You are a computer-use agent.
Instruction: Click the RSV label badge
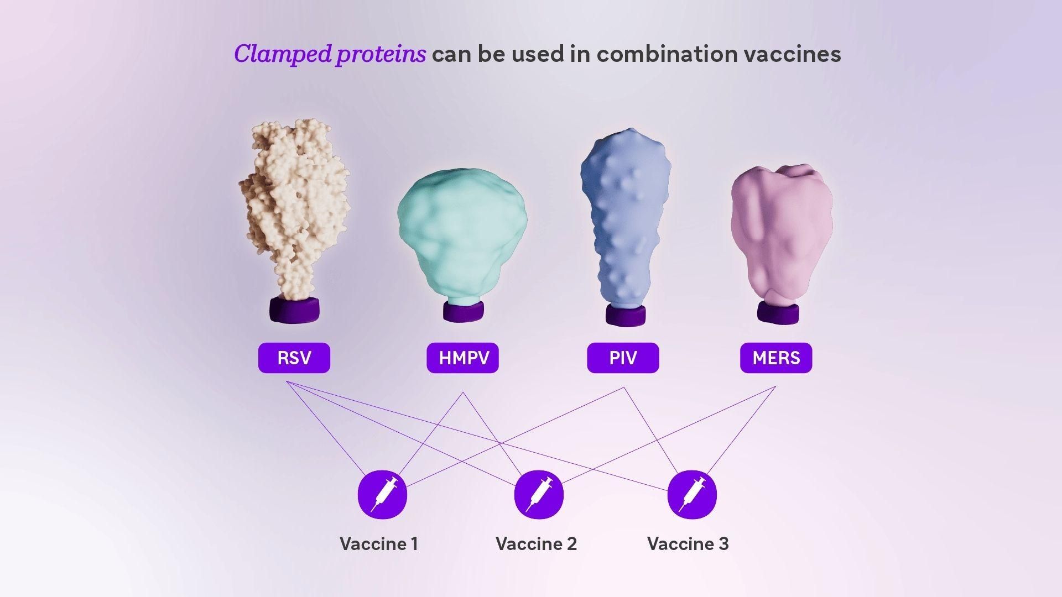(294, 358)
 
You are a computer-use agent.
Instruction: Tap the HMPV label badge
(463, 358)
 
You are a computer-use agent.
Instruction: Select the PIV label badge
(623, 358)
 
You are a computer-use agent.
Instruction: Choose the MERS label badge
(776, 358)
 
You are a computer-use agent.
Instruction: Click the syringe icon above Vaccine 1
(382, 494)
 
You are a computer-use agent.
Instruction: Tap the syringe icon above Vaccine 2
(539, 494)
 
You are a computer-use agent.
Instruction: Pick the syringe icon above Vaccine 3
(692, 494)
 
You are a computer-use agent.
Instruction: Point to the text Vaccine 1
(379, 544)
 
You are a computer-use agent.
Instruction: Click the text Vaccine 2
(536, 544)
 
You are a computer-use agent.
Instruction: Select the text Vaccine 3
(688, 544)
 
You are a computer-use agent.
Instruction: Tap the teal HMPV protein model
(462, 232)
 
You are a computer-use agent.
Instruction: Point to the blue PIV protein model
(625, 216)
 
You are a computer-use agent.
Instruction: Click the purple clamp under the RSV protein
(294, 310)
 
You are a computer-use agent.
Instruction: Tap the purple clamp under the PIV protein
(625, 315)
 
